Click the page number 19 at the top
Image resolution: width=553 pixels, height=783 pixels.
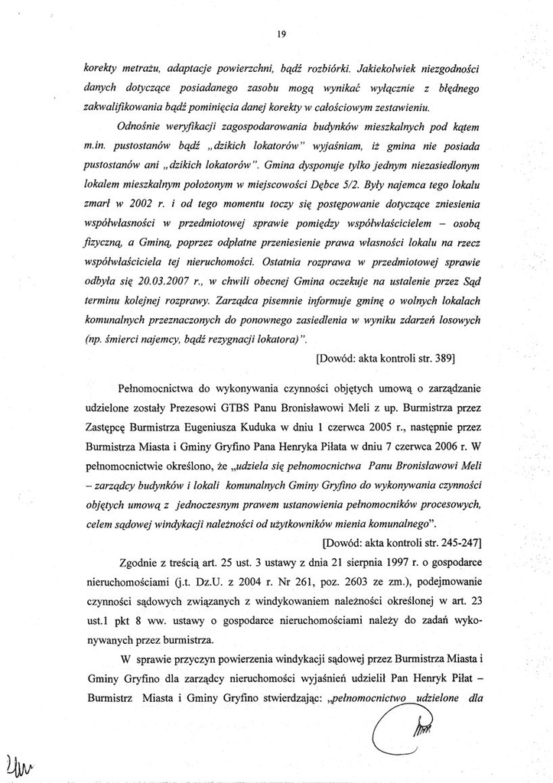tap(281, 34)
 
